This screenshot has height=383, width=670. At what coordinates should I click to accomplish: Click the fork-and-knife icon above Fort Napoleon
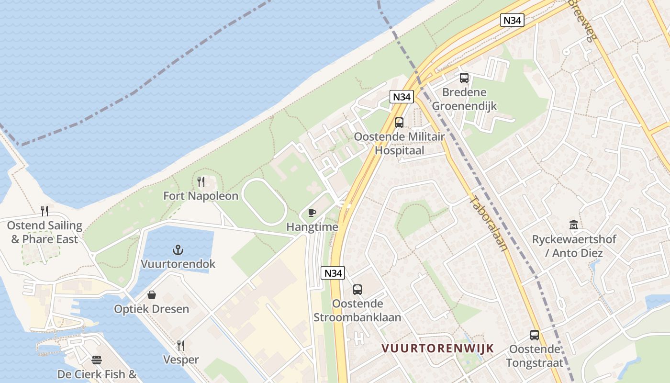click(x=201, y=182)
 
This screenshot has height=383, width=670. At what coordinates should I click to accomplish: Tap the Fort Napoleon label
click(x=201, y=196)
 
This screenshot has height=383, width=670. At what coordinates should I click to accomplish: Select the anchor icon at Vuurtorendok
click(x=178, y=250)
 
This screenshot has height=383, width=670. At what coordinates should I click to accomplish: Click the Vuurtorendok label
click(x=178, y=264)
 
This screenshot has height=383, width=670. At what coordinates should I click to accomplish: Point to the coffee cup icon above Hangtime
click(x=312, y=213)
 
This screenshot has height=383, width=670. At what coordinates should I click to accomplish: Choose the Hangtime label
click(x=312, y=227)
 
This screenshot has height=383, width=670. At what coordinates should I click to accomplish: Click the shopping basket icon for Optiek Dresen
click(x=152, y=295)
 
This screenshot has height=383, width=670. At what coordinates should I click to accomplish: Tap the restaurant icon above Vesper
click(x=181, y=346)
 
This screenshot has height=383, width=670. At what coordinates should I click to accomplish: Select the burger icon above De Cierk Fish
click(x=97, y=360)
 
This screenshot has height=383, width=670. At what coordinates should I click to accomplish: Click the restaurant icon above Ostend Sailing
click(x=45, y=211)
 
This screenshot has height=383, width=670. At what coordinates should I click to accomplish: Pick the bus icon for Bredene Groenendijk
click(x=464, y=78)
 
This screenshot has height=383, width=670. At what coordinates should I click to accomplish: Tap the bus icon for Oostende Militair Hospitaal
click(x=399, y=123)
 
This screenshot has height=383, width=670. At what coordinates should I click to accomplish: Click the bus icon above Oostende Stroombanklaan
click(x=357, y=290)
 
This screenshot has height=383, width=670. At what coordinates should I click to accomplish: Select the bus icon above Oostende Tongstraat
click(x=535, y=335)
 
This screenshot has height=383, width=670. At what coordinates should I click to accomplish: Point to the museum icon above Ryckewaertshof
click(x=574, y=225)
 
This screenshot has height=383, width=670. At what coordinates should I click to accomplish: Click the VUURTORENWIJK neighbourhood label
click(x=437, y=348)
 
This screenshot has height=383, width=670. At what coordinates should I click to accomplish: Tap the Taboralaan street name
click(x=488, y=223)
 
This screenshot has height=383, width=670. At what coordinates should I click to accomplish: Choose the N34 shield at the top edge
click(x=513, y=20)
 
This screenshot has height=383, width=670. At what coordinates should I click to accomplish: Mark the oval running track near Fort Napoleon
click(x=264, y=202)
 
